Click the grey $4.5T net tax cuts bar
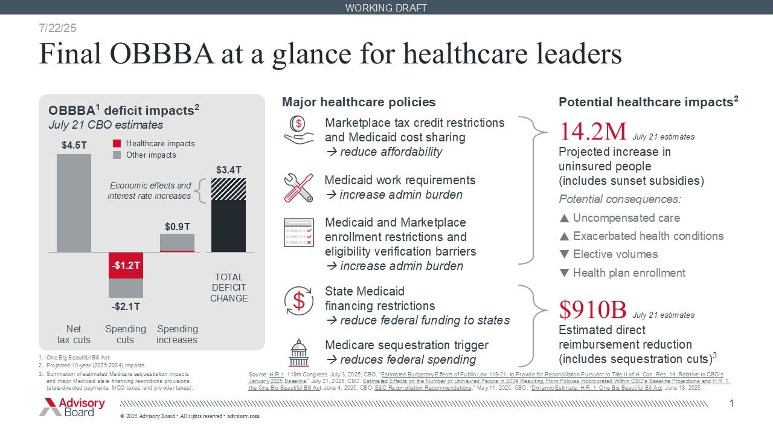74,203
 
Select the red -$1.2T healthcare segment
126,265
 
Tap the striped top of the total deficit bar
229,189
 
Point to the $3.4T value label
229,170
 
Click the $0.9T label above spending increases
178,226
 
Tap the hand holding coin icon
298,130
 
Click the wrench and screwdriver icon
298,187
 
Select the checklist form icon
298,233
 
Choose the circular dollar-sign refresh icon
298,300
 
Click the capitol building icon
298,353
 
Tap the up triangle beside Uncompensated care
564,218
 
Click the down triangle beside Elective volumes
564,254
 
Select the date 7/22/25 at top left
57,28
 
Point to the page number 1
731,403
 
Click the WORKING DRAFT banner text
386,8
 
